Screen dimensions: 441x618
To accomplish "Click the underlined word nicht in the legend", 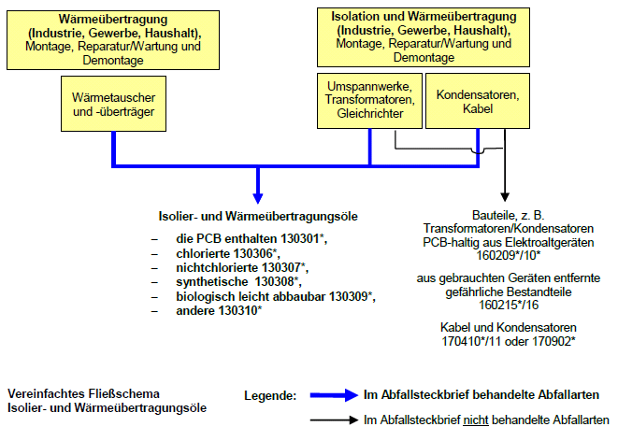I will pos(476,420).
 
